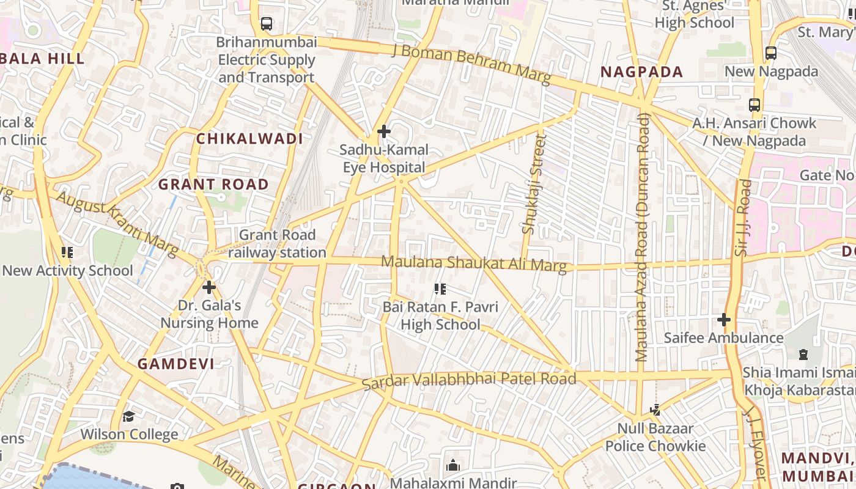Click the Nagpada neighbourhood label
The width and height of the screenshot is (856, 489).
641,72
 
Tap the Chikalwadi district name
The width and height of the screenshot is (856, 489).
249,139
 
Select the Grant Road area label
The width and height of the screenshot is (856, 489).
213,185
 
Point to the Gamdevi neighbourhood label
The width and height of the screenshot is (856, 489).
175,364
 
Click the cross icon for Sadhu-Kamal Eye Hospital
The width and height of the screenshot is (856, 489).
384,131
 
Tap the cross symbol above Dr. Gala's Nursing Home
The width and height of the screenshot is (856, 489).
209,287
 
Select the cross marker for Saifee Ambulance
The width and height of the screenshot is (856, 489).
724,320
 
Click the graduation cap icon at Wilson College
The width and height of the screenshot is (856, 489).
128,417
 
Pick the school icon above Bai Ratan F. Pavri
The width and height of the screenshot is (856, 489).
440,289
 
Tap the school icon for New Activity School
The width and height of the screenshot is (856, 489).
67,252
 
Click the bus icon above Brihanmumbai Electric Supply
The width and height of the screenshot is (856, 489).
267,24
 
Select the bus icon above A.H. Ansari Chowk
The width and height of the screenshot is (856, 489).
755,105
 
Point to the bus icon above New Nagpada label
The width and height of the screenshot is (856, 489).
771,53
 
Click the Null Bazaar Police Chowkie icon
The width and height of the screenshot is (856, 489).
655,410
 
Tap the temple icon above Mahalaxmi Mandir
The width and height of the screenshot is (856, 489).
453,465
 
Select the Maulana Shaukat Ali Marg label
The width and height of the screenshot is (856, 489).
474,263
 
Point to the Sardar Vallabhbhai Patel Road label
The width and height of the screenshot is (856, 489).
469,380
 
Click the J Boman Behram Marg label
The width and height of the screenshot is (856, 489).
471,64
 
